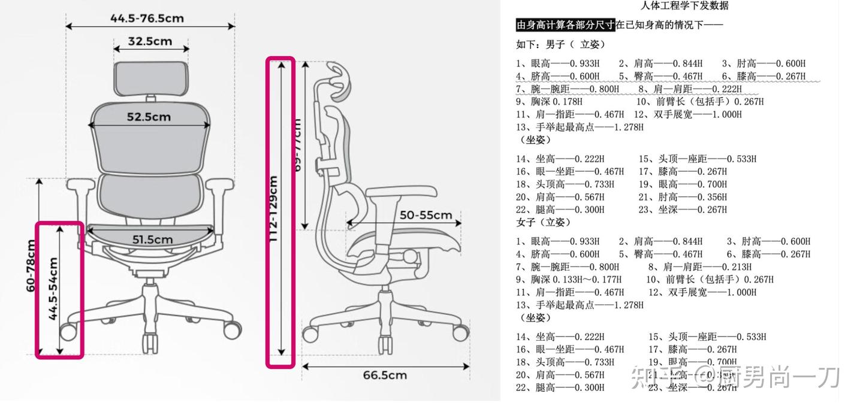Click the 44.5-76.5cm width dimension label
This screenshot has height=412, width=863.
147,18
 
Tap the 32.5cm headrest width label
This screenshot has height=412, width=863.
150,41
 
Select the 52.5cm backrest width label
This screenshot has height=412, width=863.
149,117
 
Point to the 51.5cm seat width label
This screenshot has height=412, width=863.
152,240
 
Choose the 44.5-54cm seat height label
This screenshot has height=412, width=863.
53,289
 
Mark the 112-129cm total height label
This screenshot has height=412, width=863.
273,208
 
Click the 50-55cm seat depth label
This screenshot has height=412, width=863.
426,215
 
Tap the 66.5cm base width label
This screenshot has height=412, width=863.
385,375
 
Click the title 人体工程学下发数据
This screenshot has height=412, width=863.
684,6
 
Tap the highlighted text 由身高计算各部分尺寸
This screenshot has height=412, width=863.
566,25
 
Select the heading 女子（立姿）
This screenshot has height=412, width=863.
544,222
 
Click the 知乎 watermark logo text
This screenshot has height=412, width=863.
653,377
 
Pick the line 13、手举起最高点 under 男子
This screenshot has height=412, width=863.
580,127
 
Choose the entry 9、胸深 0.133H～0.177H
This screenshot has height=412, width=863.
569,279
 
